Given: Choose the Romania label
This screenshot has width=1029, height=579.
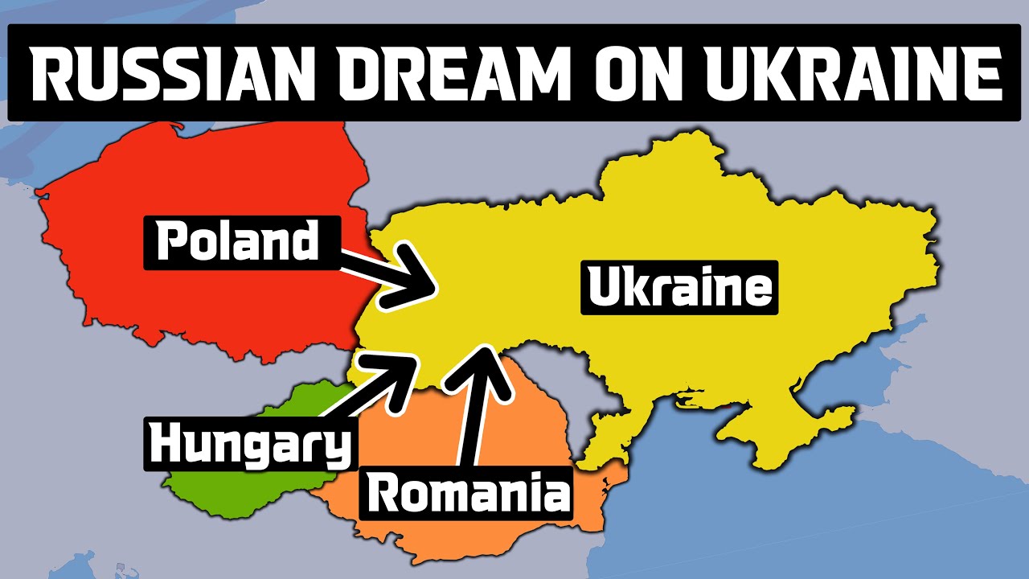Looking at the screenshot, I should pyautogui.click(x=466, y=492).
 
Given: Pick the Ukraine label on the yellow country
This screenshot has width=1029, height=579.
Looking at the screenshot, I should pyautogui.click(x=680, y=288).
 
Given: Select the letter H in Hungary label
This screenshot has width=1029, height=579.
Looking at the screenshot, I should pyautogui.click(x=166, y=445).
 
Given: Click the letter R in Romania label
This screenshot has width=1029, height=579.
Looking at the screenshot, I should pyautogui.click(x=383, y=493).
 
